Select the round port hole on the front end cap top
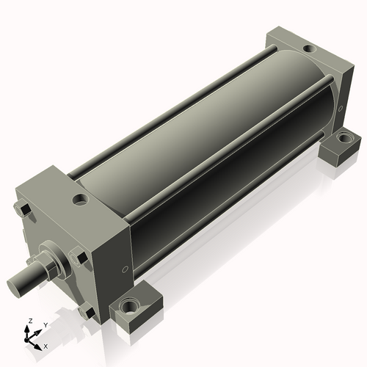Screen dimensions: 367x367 81,199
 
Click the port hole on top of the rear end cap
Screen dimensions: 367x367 310,48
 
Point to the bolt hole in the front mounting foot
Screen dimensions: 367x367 129,305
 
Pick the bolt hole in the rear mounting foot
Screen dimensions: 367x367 345,138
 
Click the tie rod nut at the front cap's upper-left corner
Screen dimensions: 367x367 23,209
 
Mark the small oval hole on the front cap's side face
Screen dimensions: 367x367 126,269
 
